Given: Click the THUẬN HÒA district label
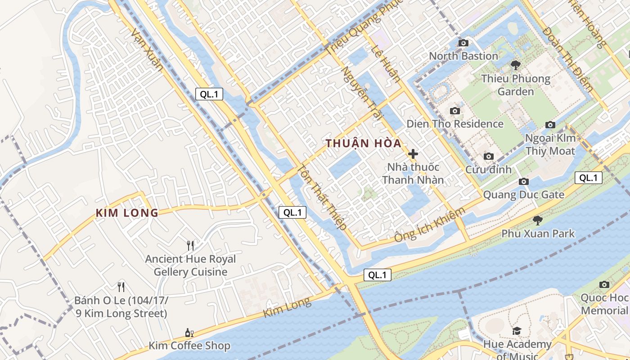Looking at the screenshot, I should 363,144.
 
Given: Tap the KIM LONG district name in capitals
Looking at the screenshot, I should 127,213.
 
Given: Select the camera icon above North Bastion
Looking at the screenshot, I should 463,43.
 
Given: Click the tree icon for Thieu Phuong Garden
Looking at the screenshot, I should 516,65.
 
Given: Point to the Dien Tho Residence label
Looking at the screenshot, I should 455,124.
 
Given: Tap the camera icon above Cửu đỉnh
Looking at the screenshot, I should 488,157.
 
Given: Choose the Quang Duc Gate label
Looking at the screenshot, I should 523,195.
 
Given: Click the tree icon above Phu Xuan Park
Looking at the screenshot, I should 537,220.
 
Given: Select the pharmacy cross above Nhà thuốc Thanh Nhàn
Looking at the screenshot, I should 413,153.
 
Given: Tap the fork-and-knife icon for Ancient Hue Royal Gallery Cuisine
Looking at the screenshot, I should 190,245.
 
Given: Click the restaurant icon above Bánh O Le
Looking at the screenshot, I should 121,287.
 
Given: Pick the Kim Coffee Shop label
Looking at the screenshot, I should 189,346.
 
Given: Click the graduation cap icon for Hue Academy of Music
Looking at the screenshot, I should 517,331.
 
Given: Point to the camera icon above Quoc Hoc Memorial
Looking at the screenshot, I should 604,284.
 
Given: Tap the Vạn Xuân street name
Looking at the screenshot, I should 147,49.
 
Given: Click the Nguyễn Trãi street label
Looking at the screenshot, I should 360,92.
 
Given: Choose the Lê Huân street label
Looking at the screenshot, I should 385,65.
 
